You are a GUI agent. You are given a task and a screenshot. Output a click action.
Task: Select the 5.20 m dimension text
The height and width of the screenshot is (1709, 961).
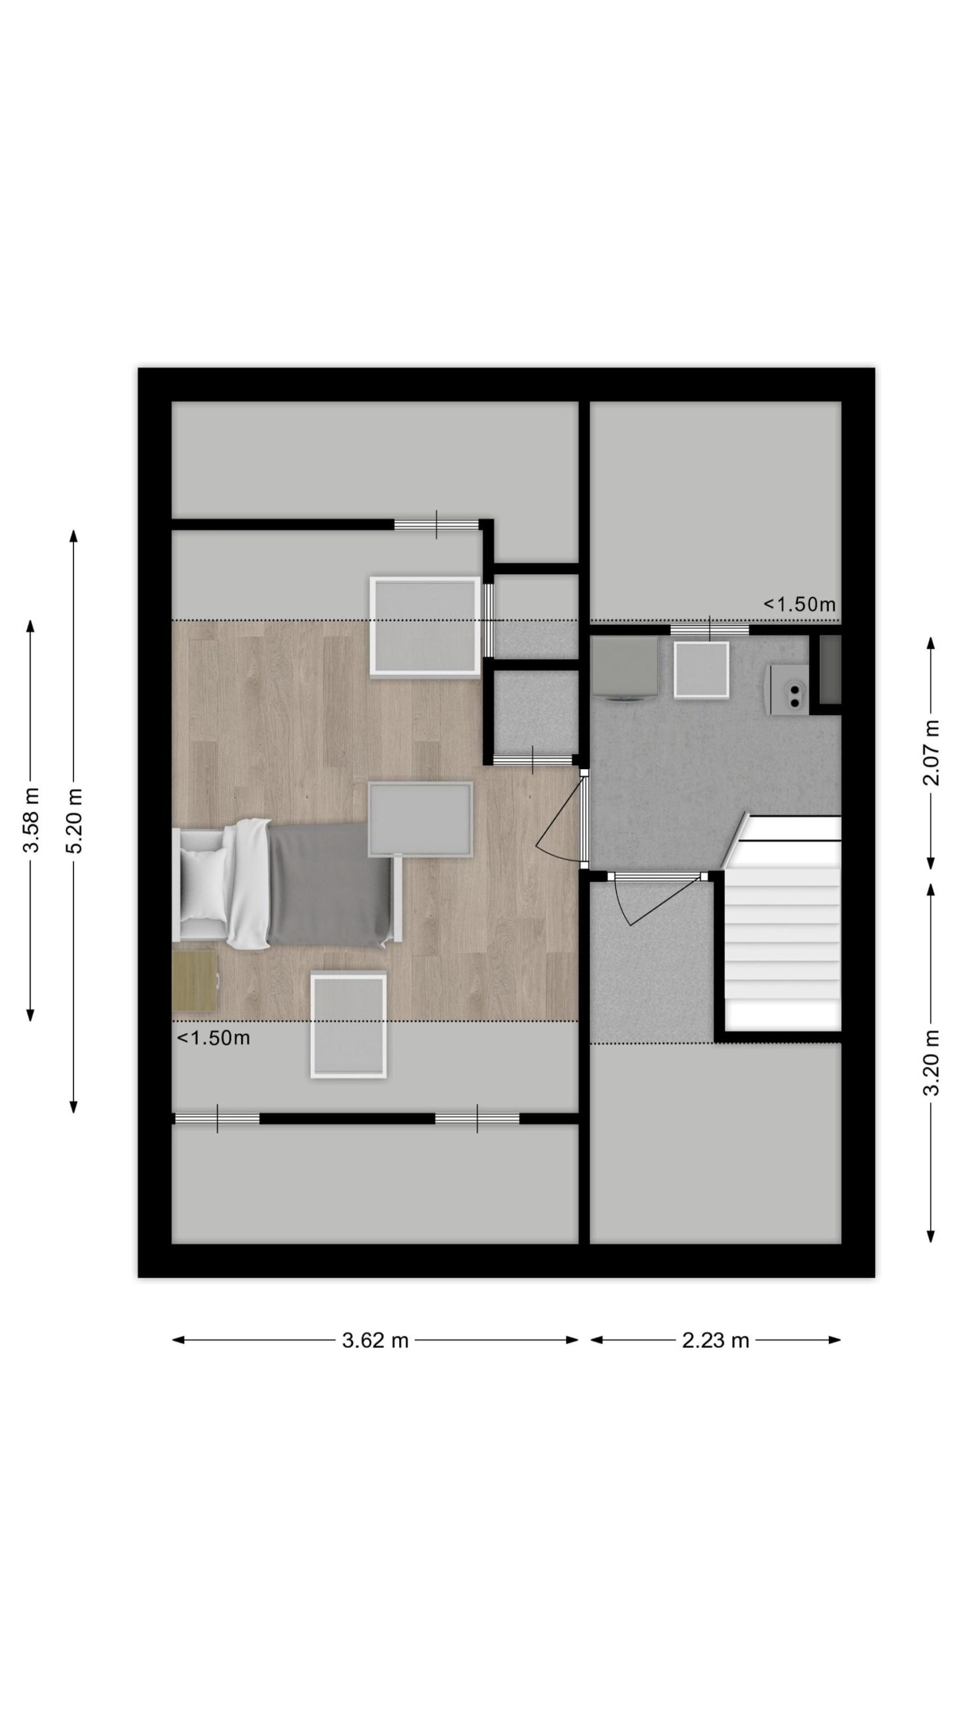pos(74,820)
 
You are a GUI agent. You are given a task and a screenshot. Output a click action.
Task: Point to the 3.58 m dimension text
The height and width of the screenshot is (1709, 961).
pos(31,820)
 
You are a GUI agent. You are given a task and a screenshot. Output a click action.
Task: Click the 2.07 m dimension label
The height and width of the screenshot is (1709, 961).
pos(931,752)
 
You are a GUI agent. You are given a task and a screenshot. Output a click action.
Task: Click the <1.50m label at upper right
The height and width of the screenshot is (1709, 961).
pos(799,604)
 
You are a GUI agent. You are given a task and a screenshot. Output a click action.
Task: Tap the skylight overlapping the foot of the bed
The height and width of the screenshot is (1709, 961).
pos(420,819)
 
